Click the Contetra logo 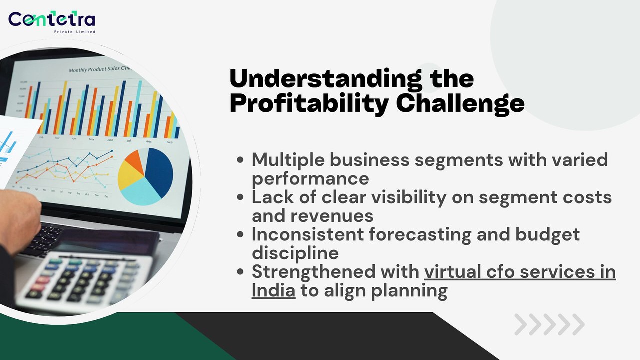(x=52, y=21)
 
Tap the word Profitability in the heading (x=309, y=103)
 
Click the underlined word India (x=273, y=290)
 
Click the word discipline (x=295, y=253)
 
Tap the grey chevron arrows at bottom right (x=549, y=324)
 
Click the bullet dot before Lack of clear (x=240, y=197)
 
